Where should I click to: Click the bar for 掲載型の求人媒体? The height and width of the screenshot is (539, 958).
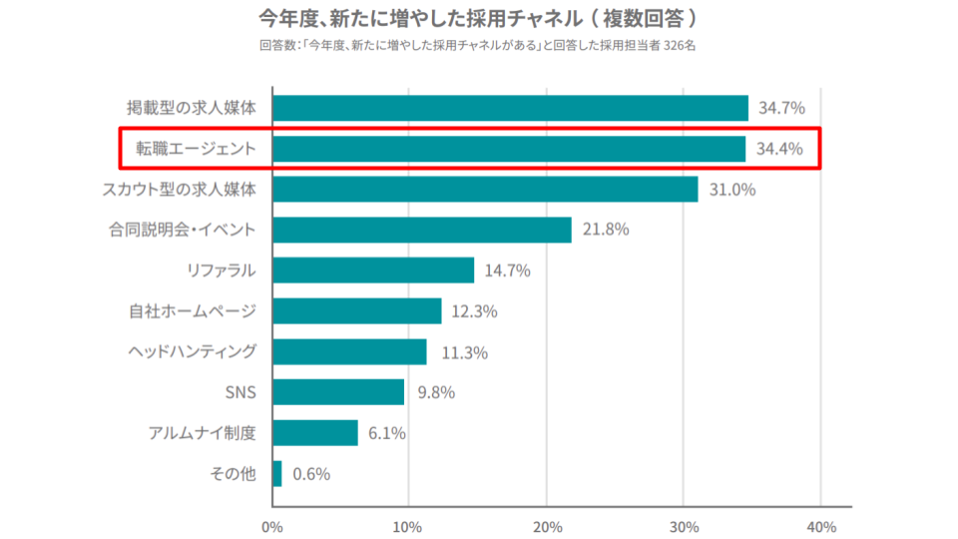click(510, 108)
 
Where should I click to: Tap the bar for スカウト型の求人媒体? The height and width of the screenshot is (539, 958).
click(485, 189)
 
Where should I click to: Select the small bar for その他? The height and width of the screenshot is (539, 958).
click(277, 473)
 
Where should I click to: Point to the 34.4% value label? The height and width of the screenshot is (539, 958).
click(779, 149)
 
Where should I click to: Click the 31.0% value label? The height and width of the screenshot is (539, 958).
click(732, 190)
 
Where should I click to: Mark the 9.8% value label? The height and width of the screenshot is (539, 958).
click(436, 392)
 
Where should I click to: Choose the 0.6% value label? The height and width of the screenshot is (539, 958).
click(311, 473)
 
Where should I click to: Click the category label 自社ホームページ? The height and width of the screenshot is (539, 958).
click(193, 311)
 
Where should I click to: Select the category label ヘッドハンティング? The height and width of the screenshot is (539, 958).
click(193, 351)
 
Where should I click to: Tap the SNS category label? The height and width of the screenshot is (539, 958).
click(240, 392)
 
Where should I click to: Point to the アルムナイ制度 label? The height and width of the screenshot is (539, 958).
click(203, 432)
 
